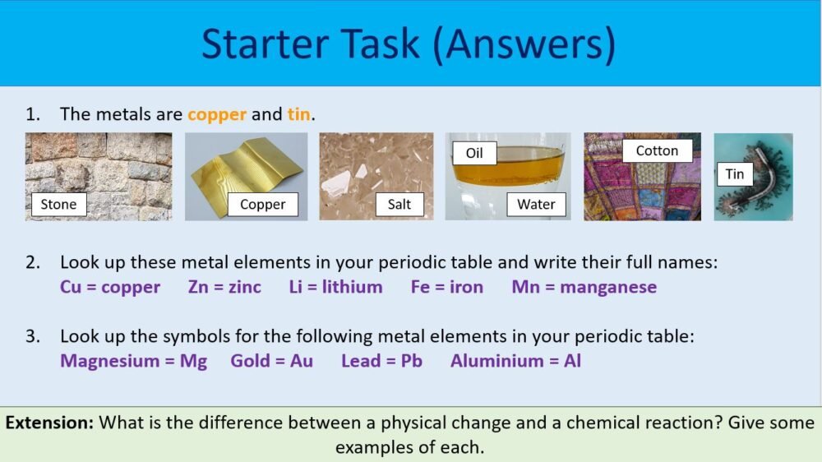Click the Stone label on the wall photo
point(58,204)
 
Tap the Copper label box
point(263,204)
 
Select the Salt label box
point(399,204)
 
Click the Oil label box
point(474,152)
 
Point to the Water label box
point(536,204)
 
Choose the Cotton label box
point(657,150)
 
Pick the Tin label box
point(735,173)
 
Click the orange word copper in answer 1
point(217,114)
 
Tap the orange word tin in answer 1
point(298,114)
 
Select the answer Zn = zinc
point(224,287)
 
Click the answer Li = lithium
point(335,287)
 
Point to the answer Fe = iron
point(447,287)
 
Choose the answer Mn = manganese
point(584,287)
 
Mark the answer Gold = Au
point(271,360)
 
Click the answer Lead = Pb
point(381,360)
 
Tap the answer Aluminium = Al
point(515,360)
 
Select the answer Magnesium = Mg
point(133,360)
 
